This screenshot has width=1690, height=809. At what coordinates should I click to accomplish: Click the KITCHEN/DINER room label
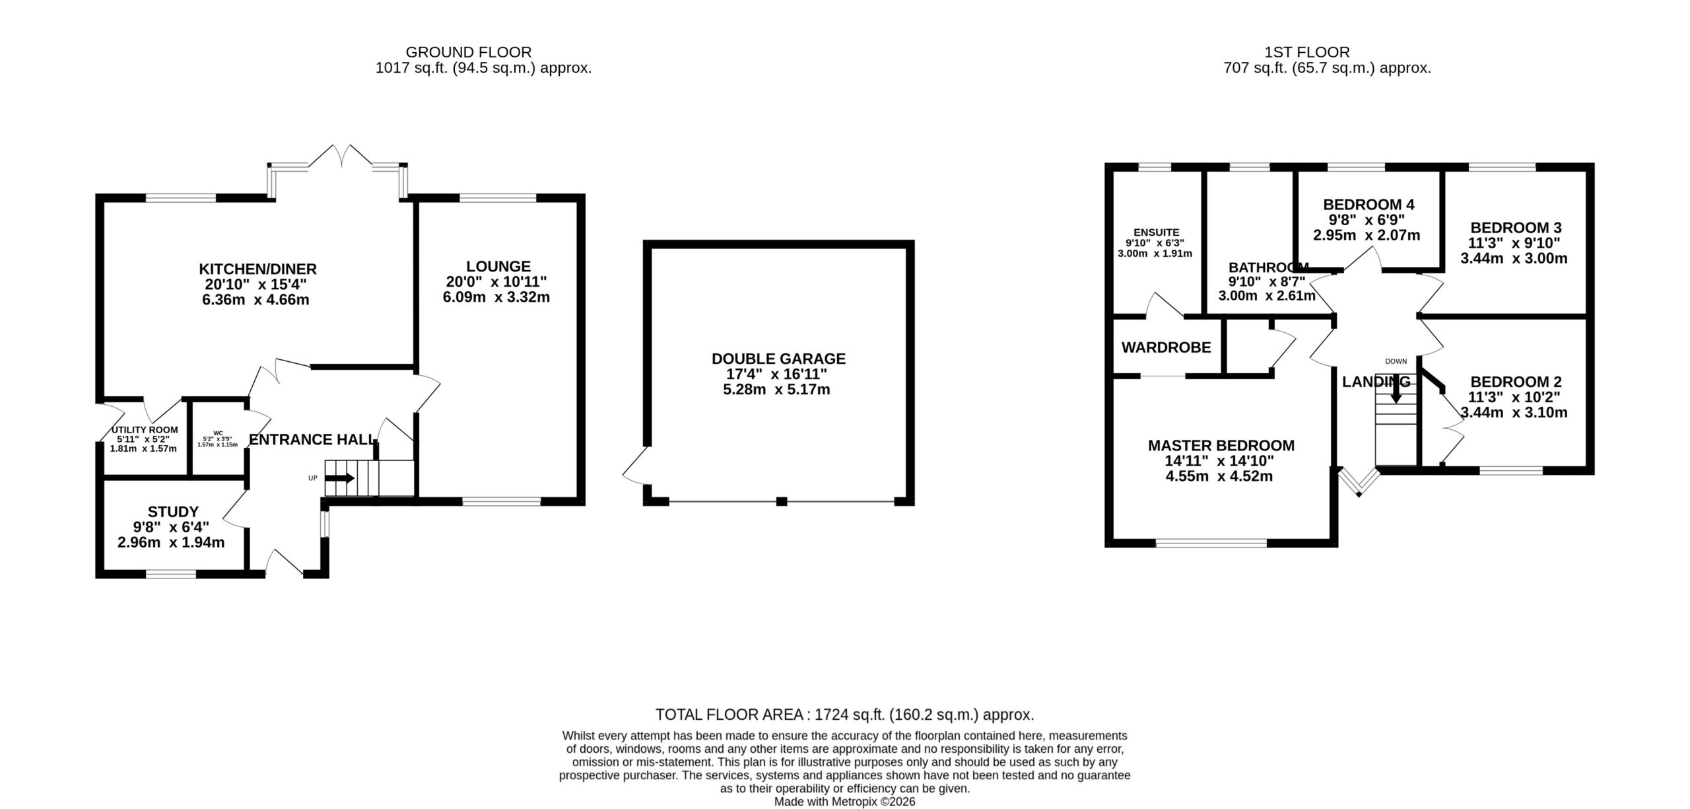point(258,269)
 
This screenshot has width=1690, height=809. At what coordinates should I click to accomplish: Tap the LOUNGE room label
point(498,266)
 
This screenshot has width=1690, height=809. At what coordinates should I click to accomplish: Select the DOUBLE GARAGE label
point(778,359)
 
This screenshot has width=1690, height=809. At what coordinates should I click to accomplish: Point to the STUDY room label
point(173,512)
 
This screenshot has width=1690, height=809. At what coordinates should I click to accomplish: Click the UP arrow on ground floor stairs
point(340,478)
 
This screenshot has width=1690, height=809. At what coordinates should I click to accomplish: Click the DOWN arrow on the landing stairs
point(1396,394)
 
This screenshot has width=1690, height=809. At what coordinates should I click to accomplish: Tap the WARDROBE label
point(1166,347)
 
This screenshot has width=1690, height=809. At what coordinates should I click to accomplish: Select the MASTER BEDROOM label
point(1221,446)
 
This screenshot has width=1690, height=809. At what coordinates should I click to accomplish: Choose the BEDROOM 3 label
point(1514,228)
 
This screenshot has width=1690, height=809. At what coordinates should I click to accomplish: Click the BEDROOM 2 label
point(1516,382)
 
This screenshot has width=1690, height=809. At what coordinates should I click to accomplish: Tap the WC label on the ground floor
point(218,433)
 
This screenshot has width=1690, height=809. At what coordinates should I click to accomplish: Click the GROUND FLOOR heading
point(469,52)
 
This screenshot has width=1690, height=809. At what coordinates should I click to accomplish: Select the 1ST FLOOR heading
point(1306,52)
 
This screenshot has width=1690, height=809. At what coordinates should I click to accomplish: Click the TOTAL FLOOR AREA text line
point(844,715)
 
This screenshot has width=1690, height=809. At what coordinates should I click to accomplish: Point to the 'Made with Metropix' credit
point(844,802)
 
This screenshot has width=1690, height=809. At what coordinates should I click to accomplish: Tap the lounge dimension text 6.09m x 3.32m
point(496,297)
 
